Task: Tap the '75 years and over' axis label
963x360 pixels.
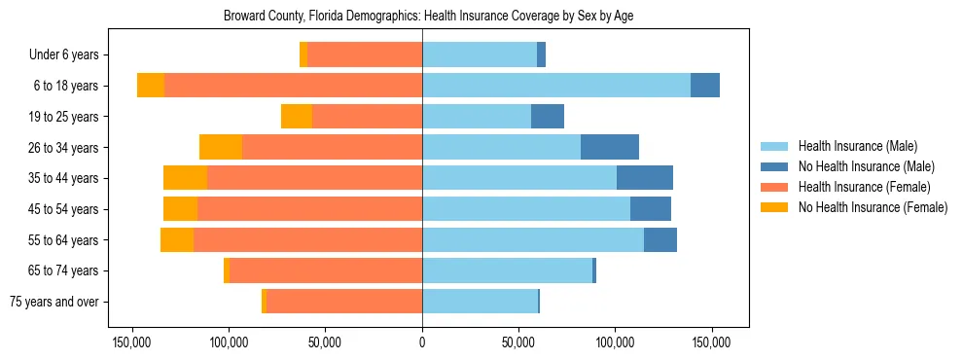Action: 53,302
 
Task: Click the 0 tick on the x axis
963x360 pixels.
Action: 422,342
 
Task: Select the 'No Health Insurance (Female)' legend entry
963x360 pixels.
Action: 873,207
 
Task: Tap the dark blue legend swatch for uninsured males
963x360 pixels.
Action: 775,166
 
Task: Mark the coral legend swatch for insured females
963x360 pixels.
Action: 775,187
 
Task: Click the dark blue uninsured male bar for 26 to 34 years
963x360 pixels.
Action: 610,147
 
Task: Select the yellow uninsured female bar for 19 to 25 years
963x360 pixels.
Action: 297,117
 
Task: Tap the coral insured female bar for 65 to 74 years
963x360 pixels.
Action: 326,270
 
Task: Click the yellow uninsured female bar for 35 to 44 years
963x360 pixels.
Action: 185,178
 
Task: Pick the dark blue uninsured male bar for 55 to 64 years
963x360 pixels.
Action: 660,239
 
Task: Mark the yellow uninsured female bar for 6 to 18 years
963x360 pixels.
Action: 151,86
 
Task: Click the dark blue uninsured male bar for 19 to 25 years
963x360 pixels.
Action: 548,117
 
